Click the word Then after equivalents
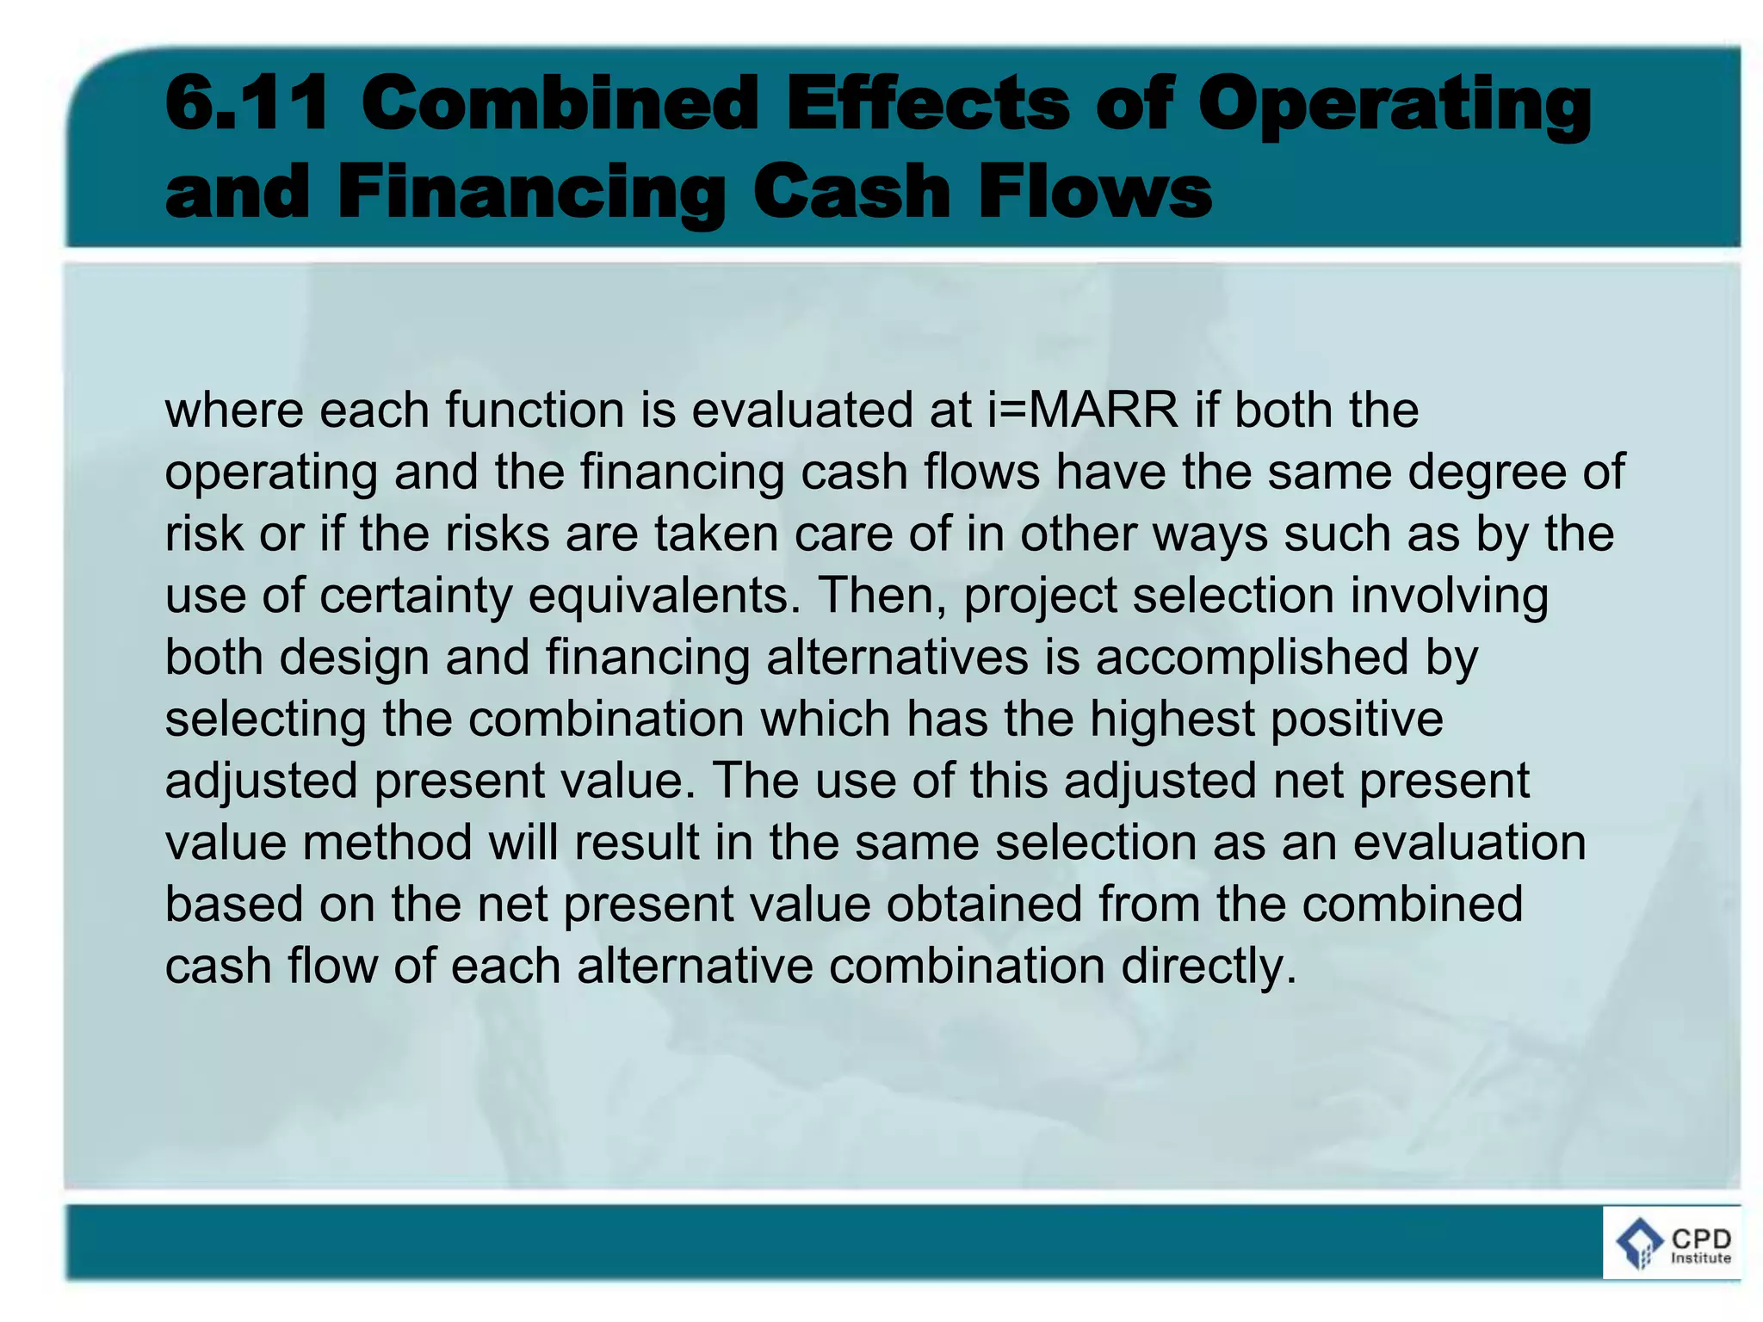(x=882, y=595)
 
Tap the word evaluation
(x=1469, y=843)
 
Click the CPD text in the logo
(x=1700, y=1239)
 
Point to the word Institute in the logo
(x=1700, y=1258)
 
